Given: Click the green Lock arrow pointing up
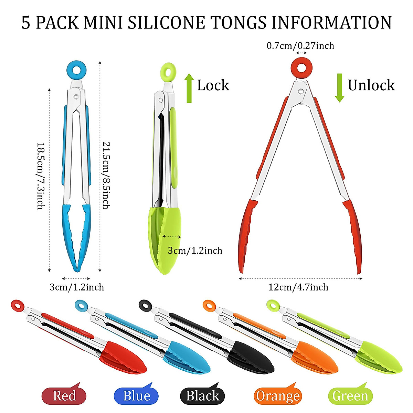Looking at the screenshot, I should [189, 88].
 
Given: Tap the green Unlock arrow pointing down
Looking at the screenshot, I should [340, 88].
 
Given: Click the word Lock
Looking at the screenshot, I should [213, 85].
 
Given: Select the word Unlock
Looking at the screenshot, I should [371, 85].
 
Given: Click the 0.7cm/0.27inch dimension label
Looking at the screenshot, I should [300, 46].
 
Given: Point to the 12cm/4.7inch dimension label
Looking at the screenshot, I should [298, 287].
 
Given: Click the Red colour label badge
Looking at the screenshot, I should [64, 396].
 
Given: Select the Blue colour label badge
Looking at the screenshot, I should [136, 396].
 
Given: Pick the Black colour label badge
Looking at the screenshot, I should [202, 396].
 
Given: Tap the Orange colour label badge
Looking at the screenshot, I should [277, 396].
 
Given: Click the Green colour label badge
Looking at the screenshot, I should [350, 396].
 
